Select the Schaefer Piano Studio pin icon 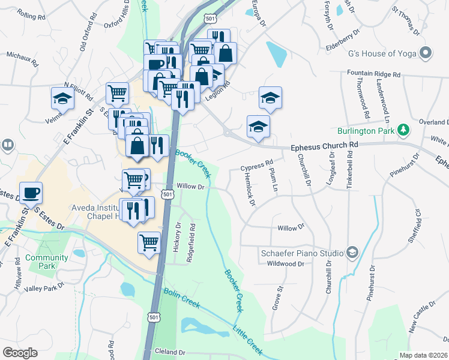[352, 253]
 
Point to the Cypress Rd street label [256, 162]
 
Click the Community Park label [46, 262]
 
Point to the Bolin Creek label [181, 299]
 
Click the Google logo [20, 353]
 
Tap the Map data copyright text [423, 355]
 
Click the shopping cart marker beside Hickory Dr [149, 242]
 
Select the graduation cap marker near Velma [62, 98]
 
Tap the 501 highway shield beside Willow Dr [167, 194]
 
